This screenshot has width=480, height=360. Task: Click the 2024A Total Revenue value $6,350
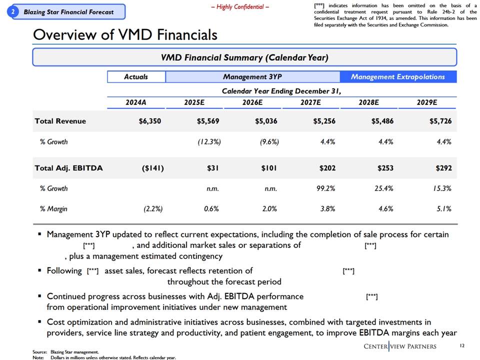(x=149, y=121)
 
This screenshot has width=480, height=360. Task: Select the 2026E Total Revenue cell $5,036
(x=266, y=121)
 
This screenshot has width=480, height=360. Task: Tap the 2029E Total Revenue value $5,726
(x=440, y=121)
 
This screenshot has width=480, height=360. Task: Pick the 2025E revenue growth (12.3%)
(x=209, y=141)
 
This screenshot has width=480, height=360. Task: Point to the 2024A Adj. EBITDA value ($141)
(x=153, y=168)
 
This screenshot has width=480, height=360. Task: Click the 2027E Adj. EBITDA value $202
(x=327, y=168)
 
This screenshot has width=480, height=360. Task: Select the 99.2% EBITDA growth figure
(x=325, y=188)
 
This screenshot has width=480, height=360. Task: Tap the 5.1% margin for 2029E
(x=444, y=209)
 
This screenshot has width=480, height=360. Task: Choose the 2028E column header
(x=368, y=102)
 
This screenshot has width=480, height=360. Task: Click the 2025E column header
(x=194, y=102)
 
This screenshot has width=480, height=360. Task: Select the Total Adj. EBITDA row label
(x=68, y=168)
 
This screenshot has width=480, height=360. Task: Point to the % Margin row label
(x=53, y=209)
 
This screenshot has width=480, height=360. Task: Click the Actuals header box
(x=136, y=77)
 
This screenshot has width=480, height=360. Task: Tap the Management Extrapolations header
(x=398, y=77)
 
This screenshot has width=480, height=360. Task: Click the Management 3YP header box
(x=252, y=77)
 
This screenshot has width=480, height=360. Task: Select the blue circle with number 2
(x=13, y=12)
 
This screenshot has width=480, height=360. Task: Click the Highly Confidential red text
(x=240, y=7)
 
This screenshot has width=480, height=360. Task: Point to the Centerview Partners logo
(x=400, y=346)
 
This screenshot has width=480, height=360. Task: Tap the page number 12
(x=462, y=345)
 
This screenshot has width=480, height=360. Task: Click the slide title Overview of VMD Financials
(x=125, y=34)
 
